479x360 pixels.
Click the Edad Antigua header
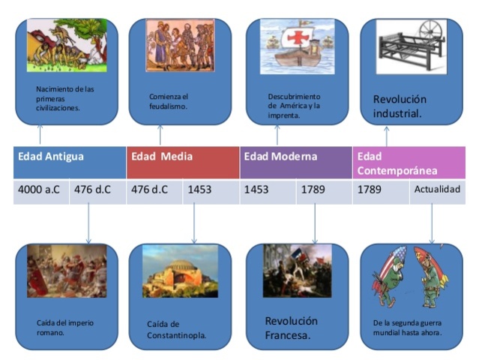click(51, 157)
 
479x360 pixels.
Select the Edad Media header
click(162, 157)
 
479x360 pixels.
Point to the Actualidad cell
click(437, 190)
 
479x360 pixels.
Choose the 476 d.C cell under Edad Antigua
click(92, 190)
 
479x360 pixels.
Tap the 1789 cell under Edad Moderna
click(313, 190)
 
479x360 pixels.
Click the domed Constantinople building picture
click(181, 271)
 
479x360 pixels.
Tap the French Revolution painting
click(297, 271)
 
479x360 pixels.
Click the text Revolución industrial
click(400, 106)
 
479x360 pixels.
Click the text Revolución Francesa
click(291, 328)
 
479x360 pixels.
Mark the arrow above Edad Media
click(160, 135)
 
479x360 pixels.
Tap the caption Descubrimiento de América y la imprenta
click(294, 106)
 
